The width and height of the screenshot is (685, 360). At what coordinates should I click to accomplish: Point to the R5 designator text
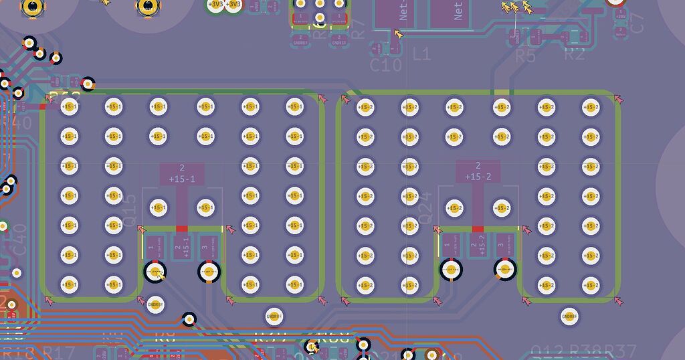pos(525,56)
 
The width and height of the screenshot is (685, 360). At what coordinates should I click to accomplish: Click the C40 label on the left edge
pos(19,240)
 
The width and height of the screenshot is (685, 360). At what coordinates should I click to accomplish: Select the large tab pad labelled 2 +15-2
pos(478,171)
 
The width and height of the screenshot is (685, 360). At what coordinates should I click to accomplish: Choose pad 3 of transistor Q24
pos(502,246)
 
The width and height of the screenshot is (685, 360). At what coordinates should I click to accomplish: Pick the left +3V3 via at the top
pos(215,5)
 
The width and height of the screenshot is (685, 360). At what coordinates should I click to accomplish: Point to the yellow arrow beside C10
pos(399,33)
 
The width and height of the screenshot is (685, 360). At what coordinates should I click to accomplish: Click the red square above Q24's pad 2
pos(478,230)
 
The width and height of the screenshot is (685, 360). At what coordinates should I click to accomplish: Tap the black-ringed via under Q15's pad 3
pos(208,272)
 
